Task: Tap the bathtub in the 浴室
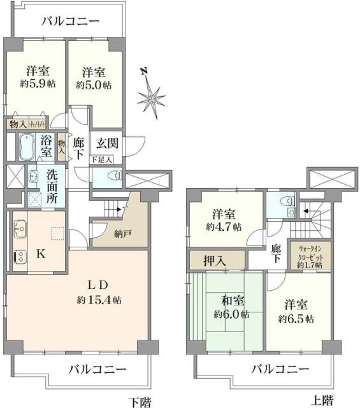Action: [x=25, y=148]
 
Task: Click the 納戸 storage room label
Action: [x=106, y=234]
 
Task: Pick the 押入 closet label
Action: [x=217, y=259]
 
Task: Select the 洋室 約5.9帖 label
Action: [x=35, y=78]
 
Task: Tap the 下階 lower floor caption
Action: [x=141, y=401]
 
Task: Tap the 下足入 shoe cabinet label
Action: [x=102, y=159]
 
